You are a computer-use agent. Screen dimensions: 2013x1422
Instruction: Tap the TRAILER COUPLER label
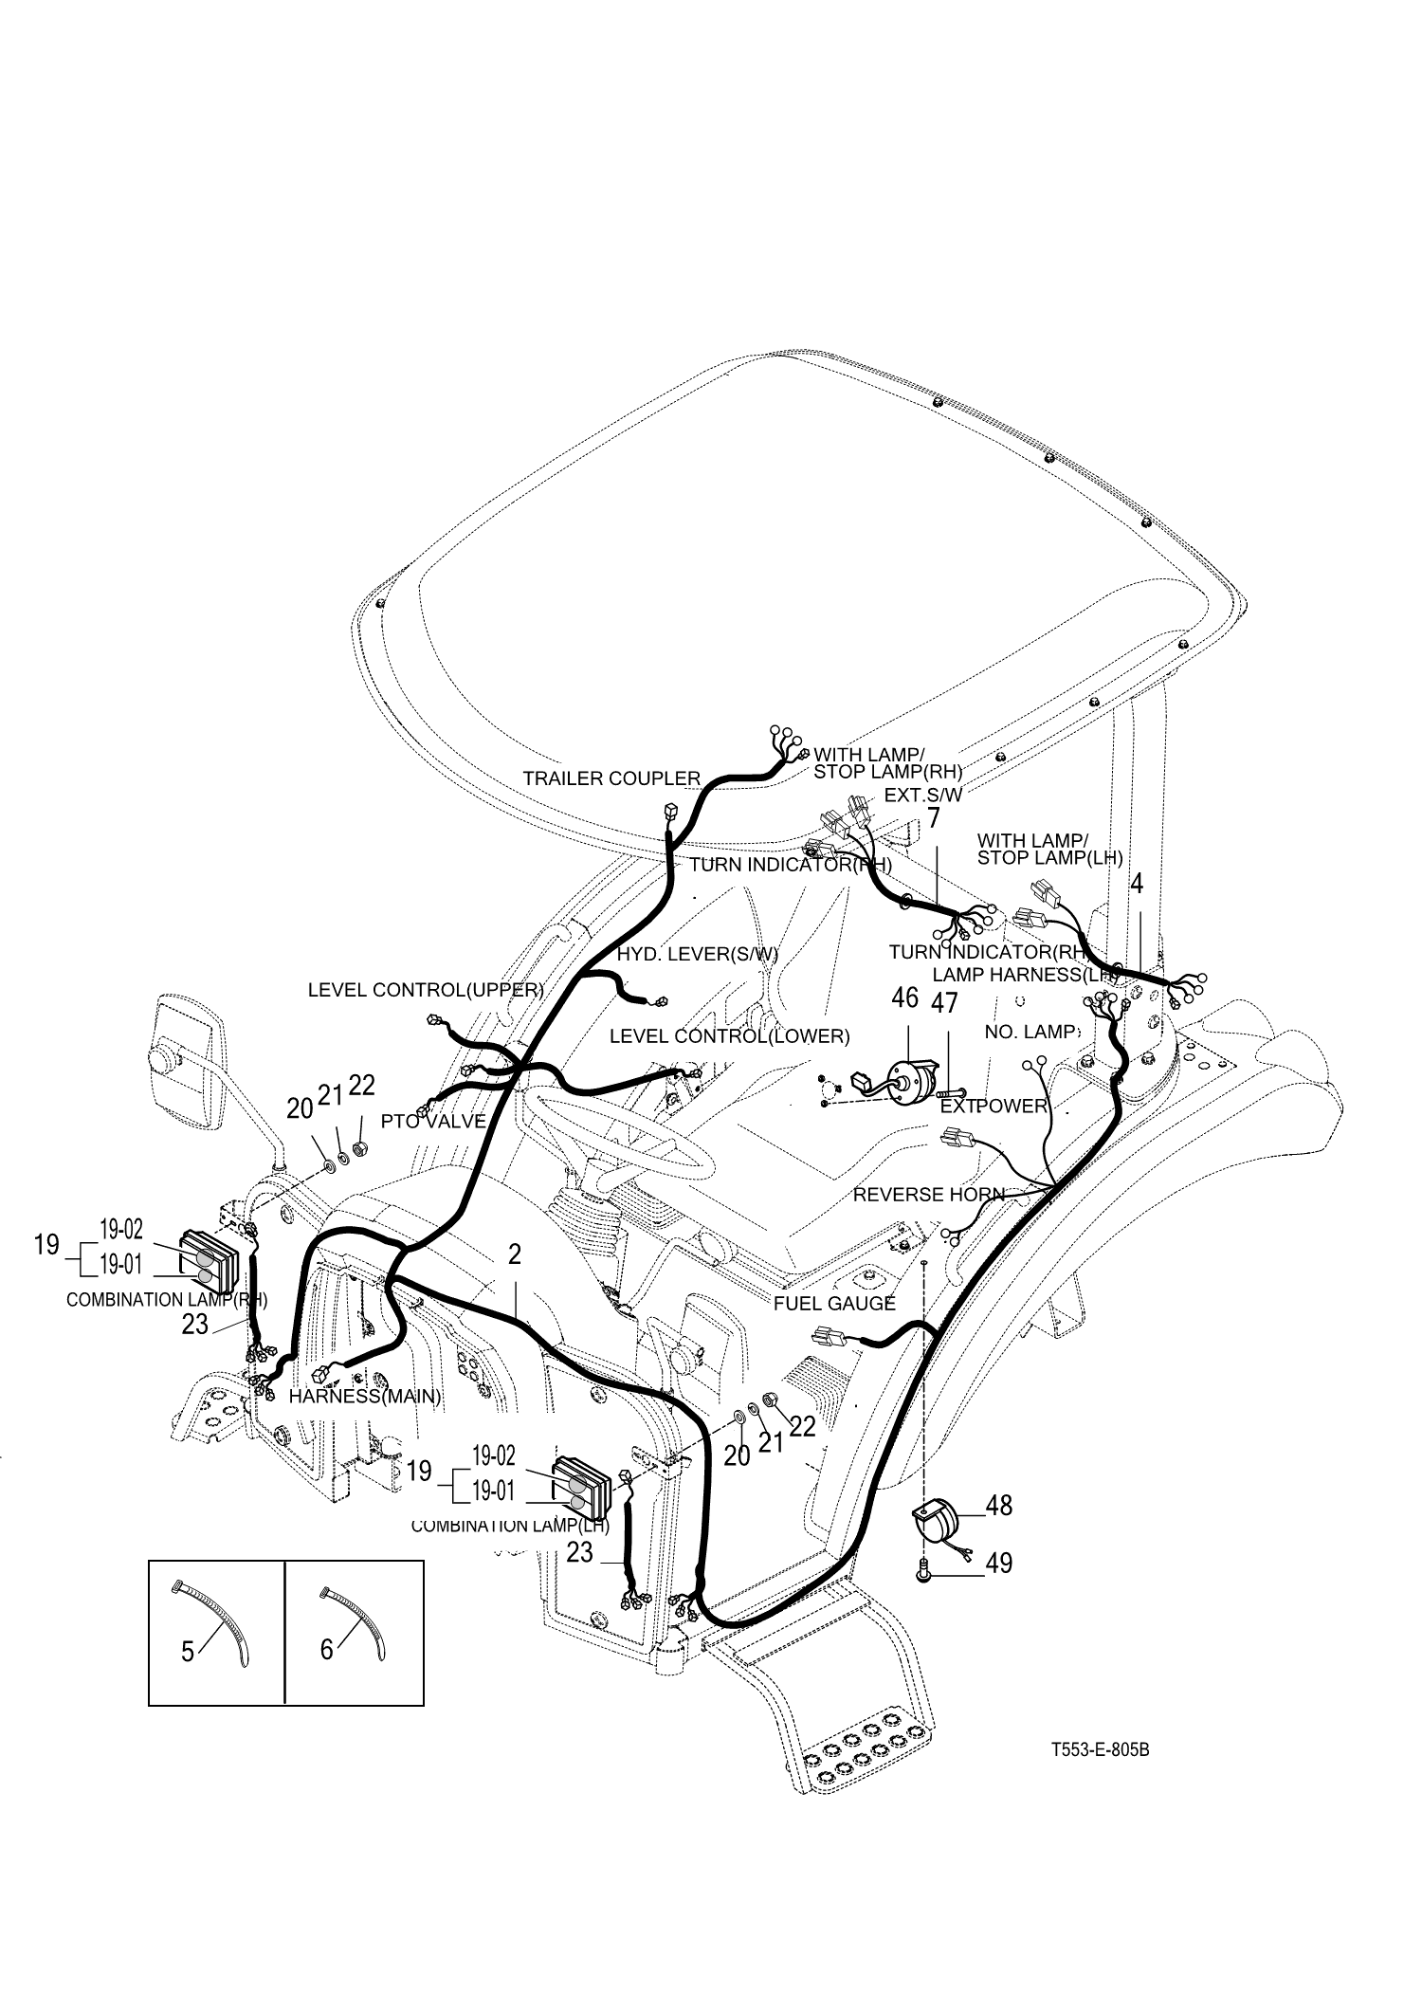[611, 778]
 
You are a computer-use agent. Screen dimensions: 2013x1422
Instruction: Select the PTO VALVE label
[433, 1122]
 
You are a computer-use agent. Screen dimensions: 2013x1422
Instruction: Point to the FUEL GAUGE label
[834, 1304]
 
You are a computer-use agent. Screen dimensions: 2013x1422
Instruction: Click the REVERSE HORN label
[928, 1195]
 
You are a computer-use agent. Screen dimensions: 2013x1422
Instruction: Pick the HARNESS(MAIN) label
[365, 1397]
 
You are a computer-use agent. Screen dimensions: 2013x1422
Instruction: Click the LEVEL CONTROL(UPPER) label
[426, 991]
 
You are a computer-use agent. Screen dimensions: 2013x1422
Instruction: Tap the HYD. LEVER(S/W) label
[697, 955]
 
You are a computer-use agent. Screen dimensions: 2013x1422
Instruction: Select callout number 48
[998, 1505]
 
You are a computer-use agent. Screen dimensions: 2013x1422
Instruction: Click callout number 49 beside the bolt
[998, 1563]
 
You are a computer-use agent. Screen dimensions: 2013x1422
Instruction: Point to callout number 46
[905, 998]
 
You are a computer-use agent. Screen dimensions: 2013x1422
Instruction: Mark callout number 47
[944, 1002]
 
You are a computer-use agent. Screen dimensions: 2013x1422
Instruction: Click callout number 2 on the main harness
[515, 1255]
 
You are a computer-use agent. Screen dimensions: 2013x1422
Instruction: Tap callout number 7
[934, 818]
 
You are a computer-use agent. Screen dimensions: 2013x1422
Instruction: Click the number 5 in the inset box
[188, 1652]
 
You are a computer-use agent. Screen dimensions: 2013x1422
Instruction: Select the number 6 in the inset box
[327, 1650]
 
